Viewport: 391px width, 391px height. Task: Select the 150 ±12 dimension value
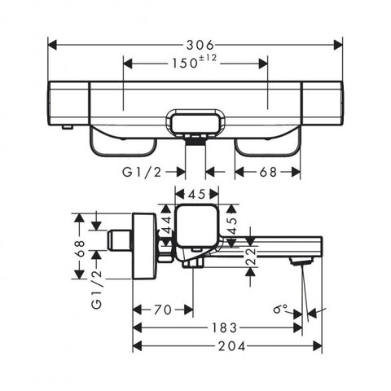[194, 62]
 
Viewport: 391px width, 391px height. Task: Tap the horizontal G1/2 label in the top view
[142, 172]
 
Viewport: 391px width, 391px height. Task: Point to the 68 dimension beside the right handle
[268, 172]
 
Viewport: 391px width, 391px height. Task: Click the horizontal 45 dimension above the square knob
[197, 194]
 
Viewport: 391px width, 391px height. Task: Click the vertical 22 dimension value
[252, 256]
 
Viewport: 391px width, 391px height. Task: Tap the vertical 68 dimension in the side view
[81, 248]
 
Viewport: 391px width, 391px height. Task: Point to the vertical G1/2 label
[97, 288]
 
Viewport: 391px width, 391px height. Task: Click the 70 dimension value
[163, 310]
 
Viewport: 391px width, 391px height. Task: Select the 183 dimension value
[224, 327]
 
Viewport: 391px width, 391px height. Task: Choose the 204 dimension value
[231, 346]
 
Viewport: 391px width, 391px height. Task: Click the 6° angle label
[280, 309]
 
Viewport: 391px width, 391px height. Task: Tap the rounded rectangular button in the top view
[195, 124]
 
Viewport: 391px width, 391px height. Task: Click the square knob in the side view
[196, 226]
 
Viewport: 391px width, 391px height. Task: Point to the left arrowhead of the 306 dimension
[52, 45]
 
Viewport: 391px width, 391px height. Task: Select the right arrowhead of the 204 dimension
[318, 346]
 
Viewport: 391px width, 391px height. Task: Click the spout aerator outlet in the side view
[300, 261]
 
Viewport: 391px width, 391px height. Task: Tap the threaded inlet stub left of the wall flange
[121, 239]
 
